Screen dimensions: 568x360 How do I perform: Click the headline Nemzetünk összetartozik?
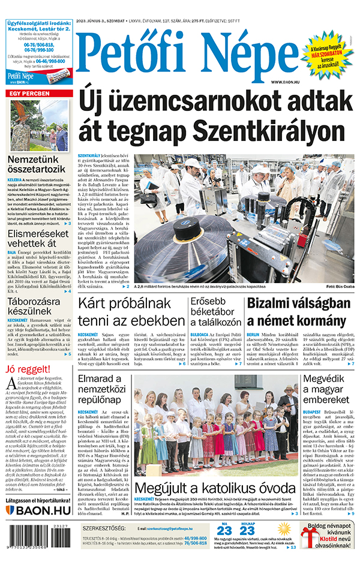click(40, 166)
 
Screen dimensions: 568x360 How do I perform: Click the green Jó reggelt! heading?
click(26, 368)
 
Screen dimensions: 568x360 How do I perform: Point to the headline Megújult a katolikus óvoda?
click(214, 487)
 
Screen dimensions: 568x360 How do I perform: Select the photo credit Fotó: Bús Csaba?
click(340, 287)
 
